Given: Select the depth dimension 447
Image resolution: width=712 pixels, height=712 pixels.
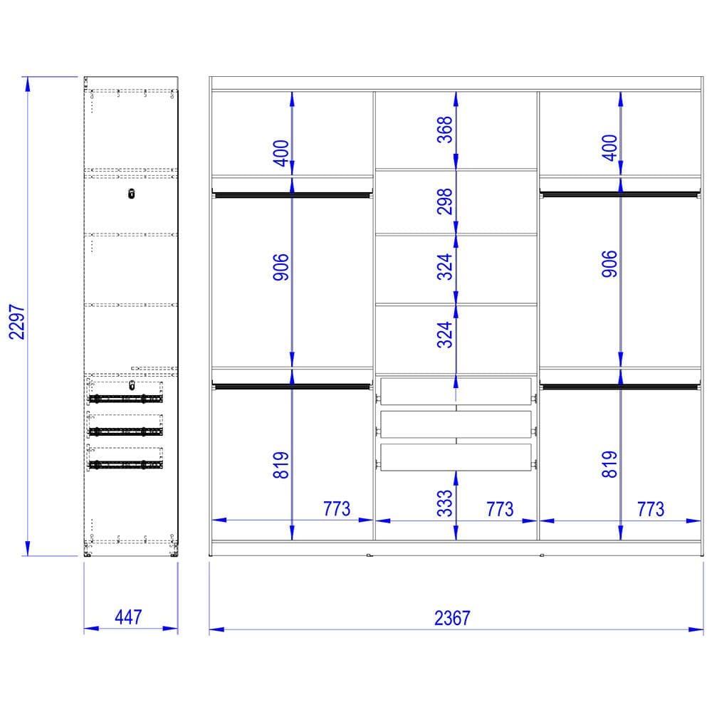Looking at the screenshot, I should point(127,617).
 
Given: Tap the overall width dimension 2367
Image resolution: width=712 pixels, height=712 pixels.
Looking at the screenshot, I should point(452,617).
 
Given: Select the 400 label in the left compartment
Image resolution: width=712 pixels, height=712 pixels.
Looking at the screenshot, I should point(281,152).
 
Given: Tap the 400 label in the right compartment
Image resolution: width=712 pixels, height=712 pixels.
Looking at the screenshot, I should point(609,147).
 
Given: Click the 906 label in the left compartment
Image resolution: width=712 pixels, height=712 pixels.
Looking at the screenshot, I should point(281,267).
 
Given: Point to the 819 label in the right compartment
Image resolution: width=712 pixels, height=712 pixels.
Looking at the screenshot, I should point(609,464).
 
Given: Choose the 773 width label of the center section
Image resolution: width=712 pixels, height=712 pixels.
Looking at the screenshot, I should point(500,508).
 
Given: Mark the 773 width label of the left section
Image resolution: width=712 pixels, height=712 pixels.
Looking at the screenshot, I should point(336,508).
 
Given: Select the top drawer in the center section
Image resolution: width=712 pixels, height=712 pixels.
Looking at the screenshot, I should point(456,391).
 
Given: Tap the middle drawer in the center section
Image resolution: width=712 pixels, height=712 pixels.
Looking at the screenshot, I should point(456,424).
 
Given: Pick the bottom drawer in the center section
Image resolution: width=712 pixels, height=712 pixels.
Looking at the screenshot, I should point(456,456).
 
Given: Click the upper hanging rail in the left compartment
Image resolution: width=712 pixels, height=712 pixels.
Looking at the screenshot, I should point(292,193).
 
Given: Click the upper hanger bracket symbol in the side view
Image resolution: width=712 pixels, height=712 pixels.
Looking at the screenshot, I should point(131,194).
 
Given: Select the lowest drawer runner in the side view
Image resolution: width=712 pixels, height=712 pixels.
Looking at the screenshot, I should point(125,464).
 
